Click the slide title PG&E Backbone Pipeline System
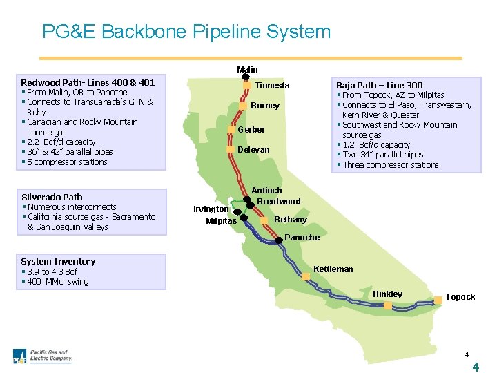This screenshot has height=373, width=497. coord(186,32)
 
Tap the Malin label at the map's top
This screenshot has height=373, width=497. coord(247,69)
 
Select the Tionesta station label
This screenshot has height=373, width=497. coord(273,86)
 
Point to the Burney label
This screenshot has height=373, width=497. coord(266,106)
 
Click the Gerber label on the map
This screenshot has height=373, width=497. coord(251,130)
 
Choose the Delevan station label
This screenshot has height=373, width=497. coord(253,150)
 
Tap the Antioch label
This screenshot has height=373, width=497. coord(266,191)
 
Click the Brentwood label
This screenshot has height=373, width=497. coord(279,202)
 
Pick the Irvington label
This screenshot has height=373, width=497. coord(211,209)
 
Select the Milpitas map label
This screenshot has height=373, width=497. coord(221,221)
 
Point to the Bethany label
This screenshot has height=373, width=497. coord(291,220)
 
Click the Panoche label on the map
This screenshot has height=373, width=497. coord(302,238)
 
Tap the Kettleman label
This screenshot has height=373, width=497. coord(333,269)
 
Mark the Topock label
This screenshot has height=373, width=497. coord(460,297)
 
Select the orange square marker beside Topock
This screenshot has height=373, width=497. coord(438,300)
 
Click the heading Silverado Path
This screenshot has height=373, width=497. coord(52,197)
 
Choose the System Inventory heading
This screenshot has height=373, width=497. coord(58,261)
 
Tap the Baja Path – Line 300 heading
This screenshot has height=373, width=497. coord(380,84)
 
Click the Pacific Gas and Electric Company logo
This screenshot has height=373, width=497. coord(43,356)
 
